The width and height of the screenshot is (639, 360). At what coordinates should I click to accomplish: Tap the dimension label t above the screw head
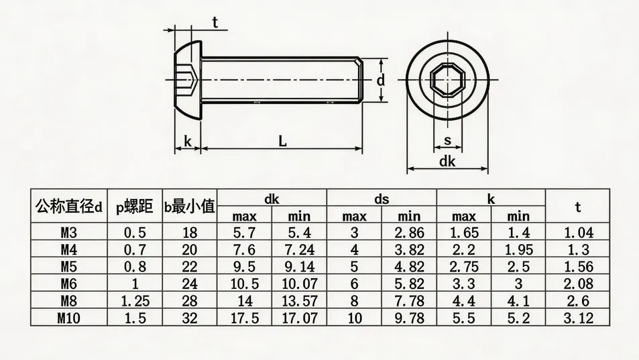(215, 22)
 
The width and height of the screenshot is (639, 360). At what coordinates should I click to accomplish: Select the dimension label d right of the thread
(380, 80)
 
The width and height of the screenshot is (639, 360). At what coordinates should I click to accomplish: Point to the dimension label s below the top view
(447, 140)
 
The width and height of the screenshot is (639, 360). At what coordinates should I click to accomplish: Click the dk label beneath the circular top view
(447, 162)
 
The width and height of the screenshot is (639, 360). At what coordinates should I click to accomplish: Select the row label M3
(69, 233)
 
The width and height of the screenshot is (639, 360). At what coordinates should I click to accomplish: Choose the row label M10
(69, 318)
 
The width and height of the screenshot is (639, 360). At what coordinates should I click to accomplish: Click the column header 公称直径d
(69, 207)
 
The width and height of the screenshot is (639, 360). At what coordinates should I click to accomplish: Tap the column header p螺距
(135, 207)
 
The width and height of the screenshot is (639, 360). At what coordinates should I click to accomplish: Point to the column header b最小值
(190, 207)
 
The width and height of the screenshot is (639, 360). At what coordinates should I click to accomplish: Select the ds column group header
(382, 199)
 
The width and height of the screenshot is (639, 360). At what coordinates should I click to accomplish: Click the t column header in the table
(577, 207)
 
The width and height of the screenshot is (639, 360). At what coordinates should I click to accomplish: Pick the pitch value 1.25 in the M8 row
(135, 301)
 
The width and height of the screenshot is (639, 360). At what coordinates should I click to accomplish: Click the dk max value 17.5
(245, 318)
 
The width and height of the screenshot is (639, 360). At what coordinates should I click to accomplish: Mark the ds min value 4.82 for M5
(409, 267)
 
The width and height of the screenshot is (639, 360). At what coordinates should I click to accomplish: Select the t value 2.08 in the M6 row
(577, 284)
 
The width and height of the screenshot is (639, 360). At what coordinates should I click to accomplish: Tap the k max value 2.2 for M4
(464, 250)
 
